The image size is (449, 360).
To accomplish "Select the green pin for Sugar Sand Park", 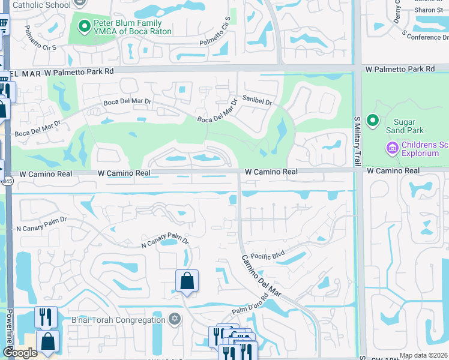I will [x=373, y=121].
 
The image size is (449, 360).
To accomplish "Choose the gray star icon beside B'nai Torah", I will [x=175, y=318].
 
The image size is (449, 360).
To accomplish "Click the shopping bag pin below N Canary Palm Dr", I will [x=187, y=281].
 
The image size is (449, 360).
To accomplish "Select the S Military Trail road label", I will [x=357, y=141].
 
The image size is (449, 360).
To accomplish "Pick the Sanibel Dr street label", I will [x=257, y=100].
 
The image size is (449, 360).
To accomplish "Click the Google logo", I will [x=19, y=353].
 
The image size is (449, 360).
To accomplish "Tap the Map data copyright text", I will [x=424, y=355].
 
